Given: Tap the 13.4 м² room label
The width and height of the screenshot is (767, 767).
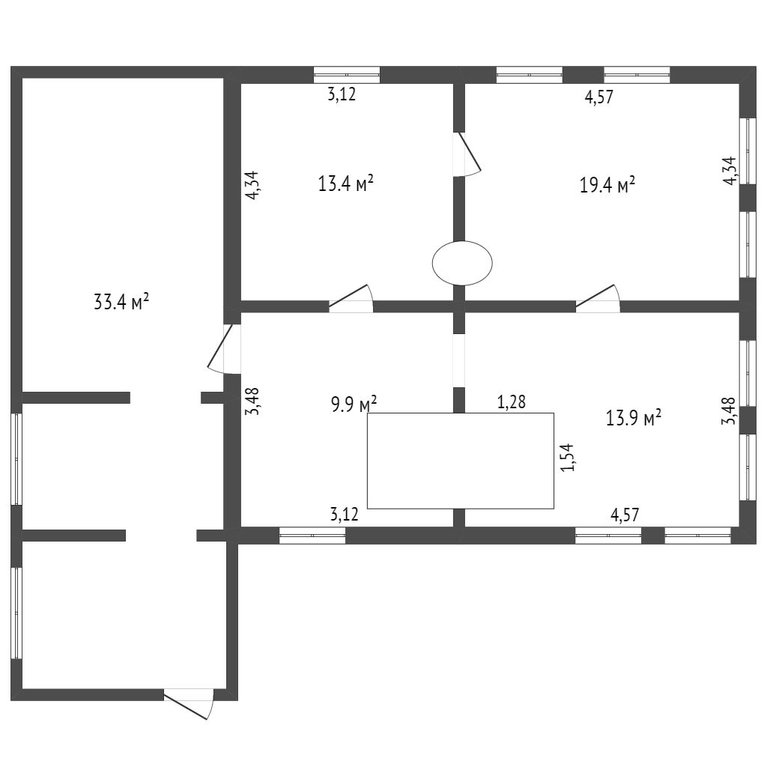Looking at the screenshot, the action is [345, 184].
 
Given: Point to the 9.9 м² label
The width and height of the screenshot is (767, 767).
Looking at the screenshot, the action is [354, 405].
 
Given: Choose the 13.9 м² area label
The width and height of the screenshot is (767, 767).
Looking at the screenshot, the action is [633, 418].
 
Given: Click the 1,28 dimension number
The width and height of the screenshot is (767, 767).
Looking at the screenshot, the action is [512, 402].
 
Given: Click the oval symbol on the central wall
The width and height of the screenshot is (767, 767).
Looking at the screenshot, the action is [462, 263].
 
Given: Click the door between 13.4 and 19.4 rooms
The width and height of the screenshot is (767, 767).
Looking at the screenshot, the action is [467, 156].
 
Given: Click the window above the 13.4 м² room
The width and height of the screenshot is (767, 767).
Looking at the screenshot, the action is [346, 74].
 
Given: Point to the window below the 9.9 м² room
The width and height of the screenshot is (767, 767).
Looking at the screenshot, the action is [312, 535].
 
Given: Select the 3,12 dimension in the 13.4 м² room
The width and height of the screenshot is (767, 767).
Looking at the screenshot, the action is [343, 95].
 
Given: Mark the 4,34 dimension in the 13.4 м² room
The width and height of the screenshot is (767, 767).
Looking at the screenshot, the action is [253, 185].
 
